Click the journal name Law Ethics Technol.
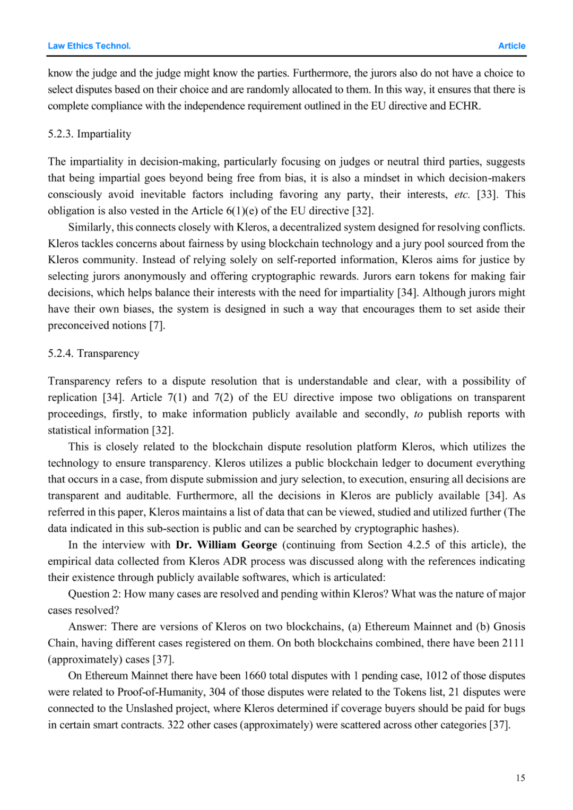89,46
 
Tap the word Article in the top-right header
511,46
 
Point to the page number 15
520,778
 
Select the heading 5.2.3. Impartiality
89,134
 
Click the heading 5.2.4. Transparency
93,354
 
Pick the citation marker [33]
487,194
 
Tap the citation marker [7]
157,325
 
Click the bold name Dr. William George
227,545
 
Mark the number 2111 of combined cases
513,643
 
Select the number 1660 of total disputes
255,676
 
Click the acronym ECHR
465,106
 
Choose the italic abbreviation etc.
462,194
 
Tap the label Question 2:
94,594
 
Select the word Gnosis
509,627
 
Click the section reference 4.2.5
419,545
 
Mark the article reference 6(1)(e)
235,211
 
